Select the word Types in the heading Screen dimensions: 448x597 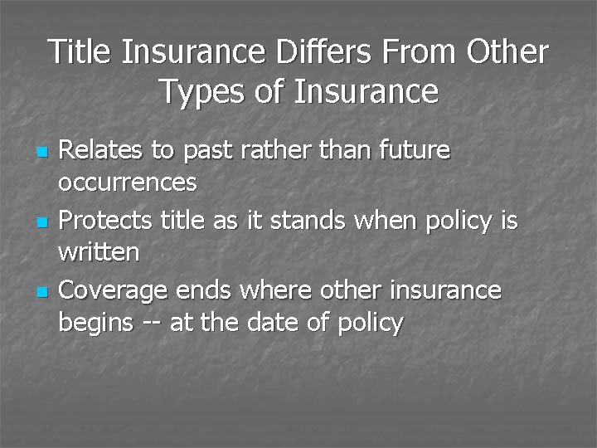(197, 91)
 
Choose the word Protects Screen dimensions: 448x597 (104, 221)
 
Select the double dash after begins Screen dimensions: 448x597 (151, 322)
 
